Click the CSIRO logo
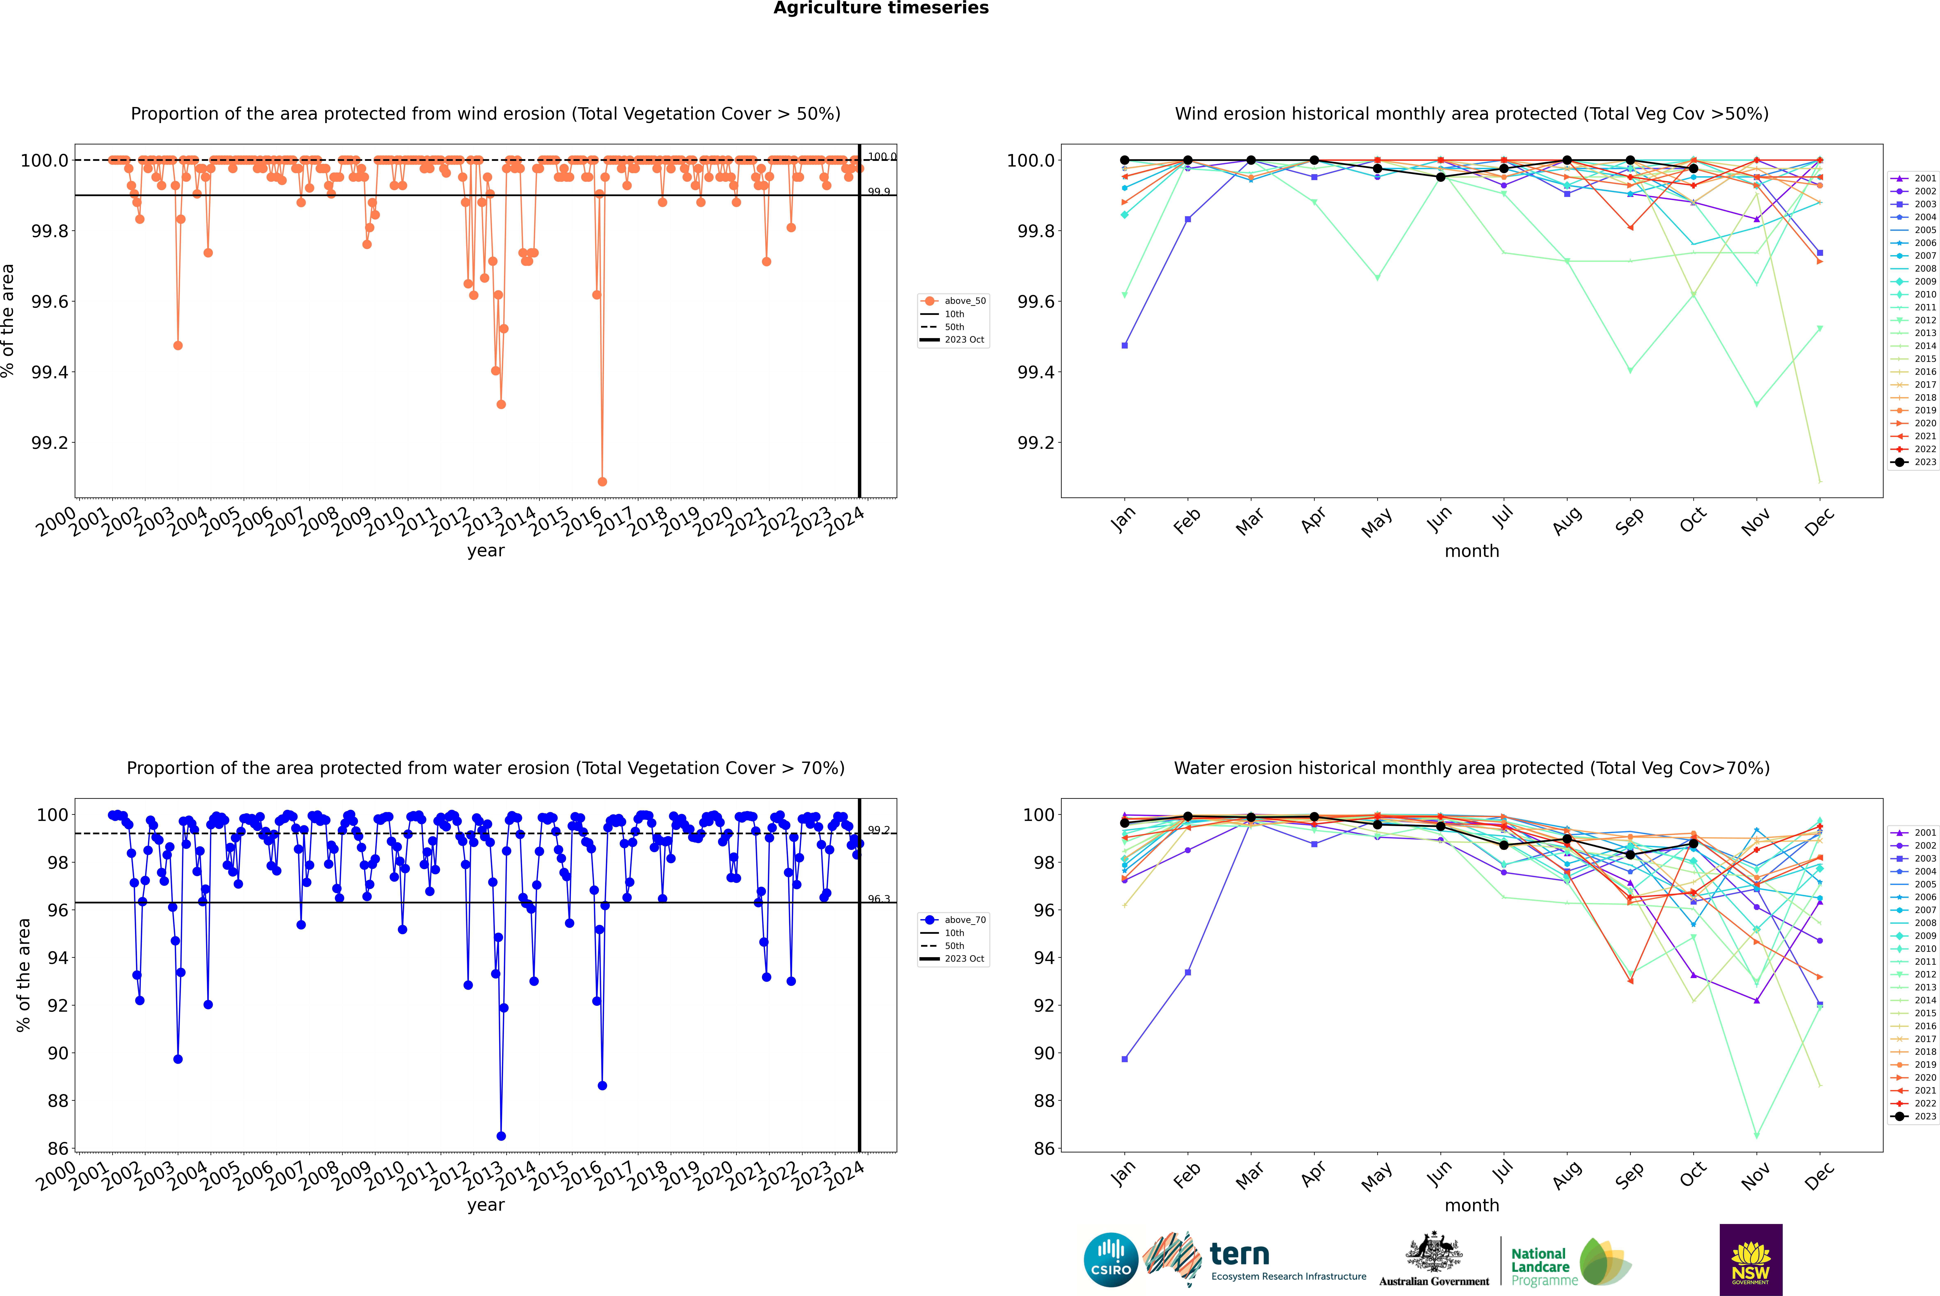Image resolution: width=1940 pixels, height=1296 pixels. pos(1111,1260)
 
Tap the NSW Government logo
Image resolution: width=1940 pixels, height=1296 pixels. pos(1751,1260)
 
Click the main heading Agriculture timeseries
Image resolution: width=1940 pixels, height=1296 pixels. pos(881,8)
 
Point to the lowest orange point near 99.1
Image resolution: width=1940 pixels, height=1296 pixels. pos(602,481)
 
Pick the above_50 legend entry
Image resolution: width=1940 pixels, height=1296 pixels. pos(953,301)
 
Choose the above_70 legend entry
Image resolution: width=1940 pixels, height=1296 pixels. pos(953,920)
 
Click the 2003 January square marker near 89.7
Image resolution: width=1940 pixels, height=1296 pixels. pos(1125,1059)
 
